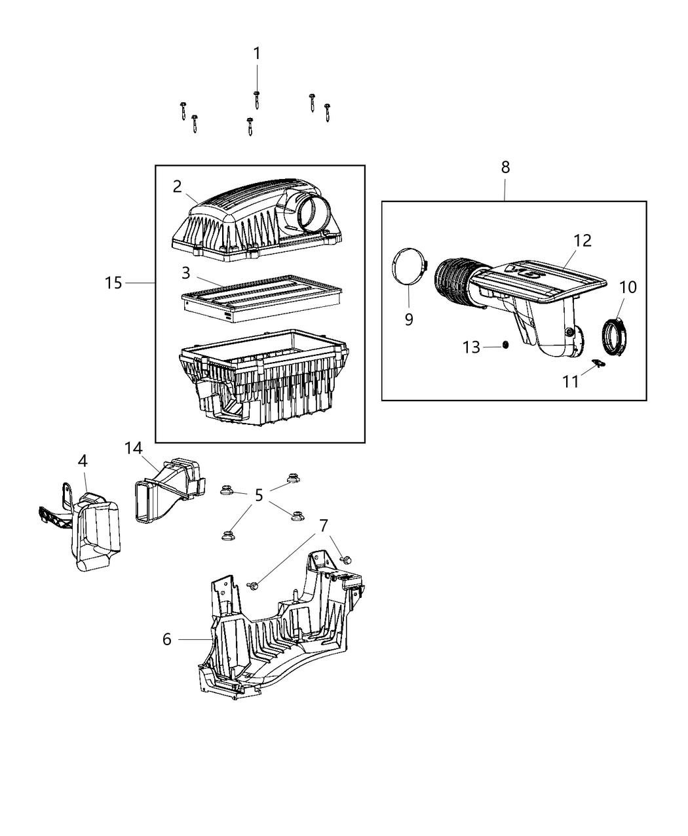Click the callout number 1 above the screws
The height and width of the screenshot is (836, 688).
tap(257, 54)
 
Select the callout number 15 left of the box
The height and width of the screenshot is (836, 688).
tap(113, 283)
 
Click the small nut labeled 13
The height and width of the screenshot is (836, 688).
tap(506, 346)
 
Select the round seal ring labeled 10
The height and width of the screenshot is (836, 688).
tap(615, 334)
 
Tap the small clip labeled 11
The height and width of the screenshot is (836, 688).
tap(597, 363)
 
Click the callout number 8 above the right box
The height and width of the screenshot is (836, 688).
tap(505, 167)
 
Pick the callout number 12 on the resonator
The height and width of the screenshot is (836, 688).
tap(583, 241)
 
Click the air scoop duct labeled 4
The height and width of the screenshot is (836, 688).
tap(95, 531)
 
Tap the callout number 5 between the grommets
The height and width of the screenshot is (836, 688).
tap(259, 495)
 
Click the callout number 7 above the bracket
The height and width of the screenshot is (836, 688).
tap(323, 525)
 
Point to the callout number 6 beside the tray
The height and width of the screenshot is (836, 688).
tap(167, 639)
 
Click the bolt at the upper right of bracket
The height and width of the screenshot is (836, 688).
tap(347, 559)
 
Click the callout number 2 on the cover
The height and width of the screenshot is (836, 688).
tap(178, 186)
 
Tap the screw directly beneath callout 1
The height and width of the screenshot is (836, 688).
tap(257, 100)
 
